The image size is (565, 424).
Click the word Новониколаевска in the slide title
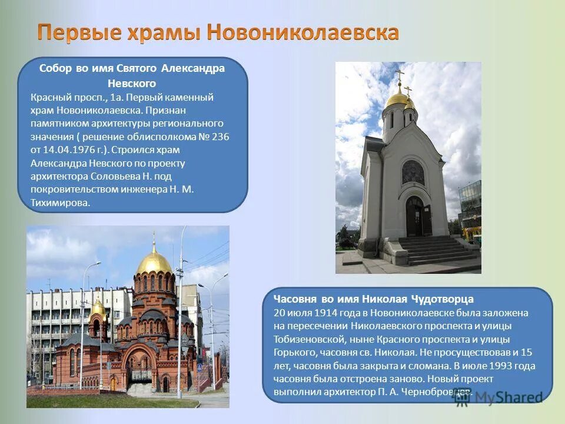pos(304,32)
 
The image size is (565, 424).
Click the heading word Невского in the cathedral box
pos(132,84)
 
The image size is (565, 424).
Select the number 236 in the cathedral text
pos(221,136)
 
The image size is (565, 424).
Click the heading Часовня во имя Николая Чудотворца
pos(374,299)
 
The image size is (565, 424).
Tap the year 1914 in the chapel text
pos(325,313)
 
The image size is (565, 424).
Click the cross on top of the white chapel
pos(400,76)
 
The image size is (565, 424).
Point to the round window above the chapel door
pos(413,173)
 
